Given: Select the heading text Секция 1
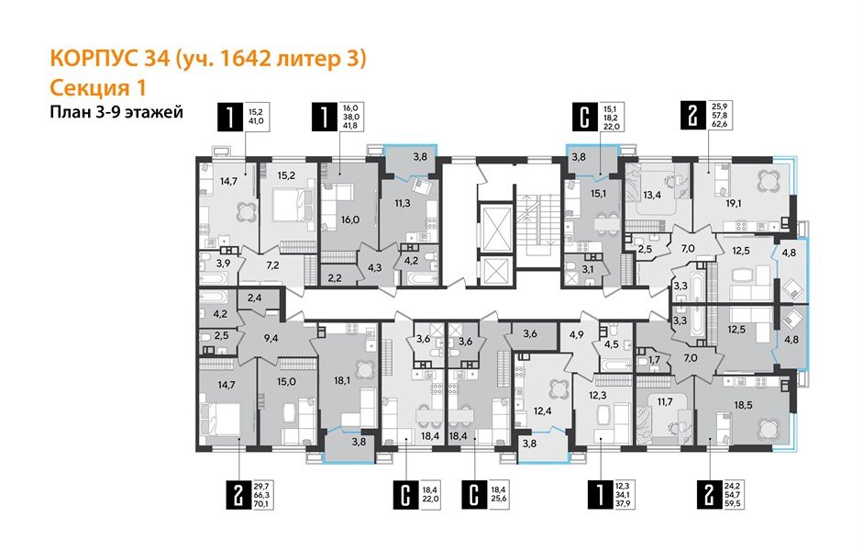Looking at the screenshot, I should click(x=97, y=88).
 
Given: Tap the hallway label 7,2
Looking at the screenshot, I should click(x=272, y=266).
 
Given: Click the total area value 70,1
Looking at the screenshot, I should click(x=263, y=504).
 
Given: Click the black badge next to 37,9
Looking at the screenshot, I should click(x=599, y=494).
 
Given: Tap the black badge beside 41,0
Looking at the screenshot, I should click(x=226, y=116).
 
